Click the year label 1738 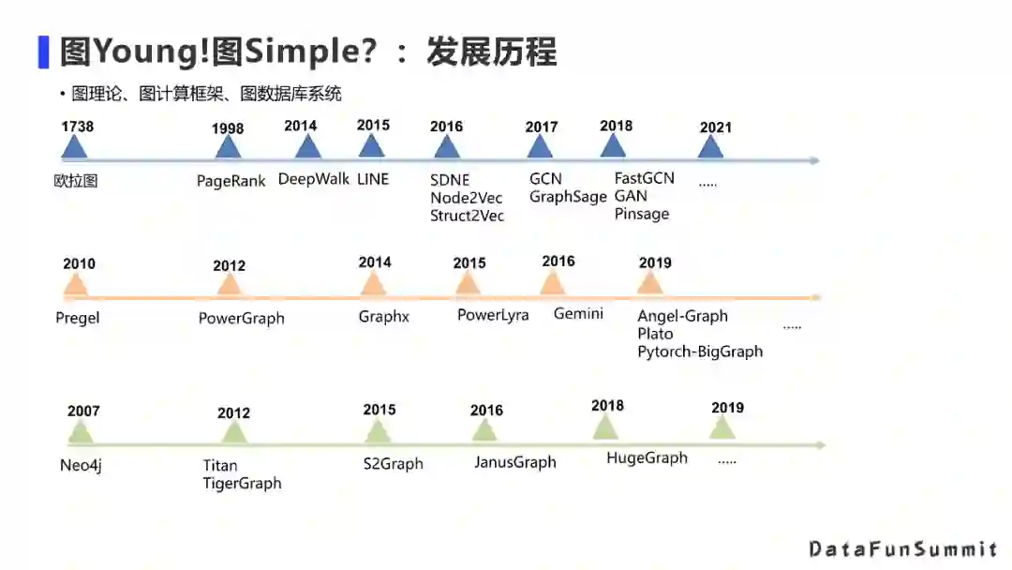point(77,127)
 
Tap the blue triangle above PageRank point(228,149)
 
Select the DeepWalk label point(313,179)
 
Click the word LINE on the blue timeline point(372,179)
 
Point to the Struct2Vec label point(467,216)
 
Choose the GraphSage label point(568,197)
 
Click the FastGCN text point(644,178)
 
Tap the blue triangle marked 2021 point(711,147)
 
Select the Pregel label point(78,318)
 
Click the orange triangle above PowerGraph point(230,285)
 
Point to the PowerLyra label point(493,315)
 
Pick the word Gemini point(578,313)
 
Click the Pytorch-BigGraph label point(700,352)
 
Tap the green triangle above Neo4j point(81,433)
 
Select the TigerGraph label point(242,484)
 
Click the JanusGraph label point(514,462)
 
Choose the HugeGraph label point(647,457)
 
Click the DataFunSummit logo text point(902,548)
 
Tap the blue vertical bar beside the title point(43,52)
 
